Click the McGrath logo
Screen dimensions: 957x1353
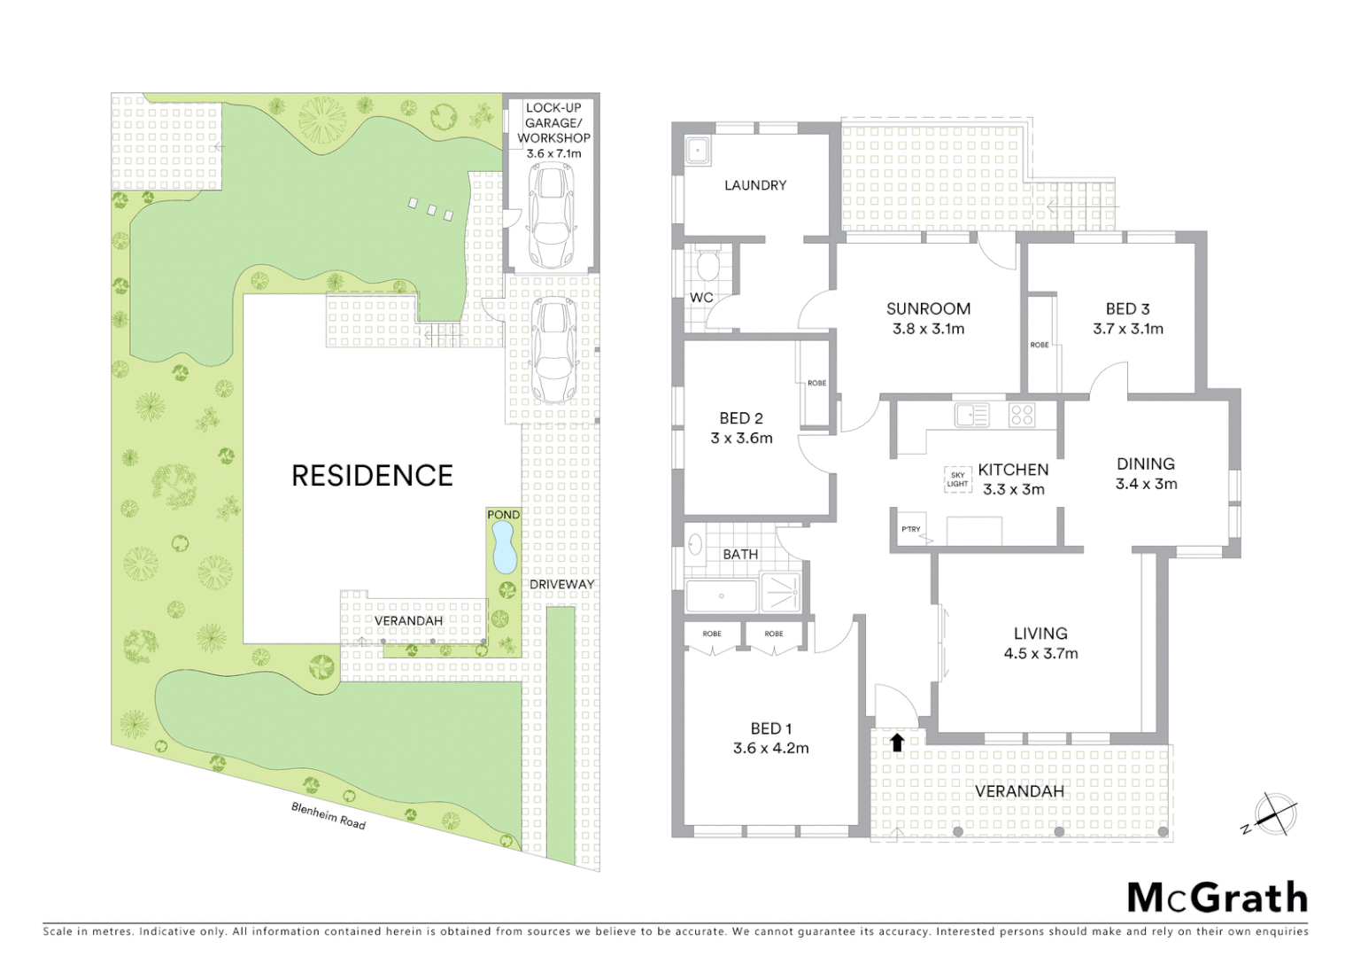1217,898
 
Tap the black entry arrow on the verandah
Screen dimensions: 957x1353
897,743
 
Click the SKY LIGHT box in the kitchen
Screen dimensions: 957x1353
957,479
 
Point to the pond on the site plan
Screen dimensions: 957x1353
503,546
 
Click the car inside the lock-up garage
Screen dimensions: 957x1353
549,215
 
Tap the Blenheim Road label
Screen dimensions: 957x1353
329,815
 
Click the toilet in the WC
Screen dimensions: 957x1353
707,266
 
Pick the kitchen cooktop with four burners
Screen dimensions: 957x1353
1022,415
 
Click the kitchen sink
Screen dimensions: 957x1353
971,415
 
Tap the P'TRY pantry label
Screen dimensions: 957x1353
910,529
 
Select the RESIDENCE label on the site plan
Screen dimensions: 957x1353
372,476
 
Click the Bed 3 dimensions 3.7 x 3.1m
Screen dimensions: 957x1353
1127,329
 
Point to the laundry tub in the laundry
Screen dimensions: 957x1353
699,151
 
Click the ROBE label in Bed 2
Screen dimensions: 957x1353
816,383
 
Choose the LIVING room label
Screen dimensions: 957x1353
1040,634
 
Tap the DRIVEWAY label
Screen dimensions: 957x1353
561,584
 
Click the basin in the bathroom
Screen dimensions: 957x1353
696,543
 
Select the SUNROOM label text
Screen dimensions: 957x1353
928,308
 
